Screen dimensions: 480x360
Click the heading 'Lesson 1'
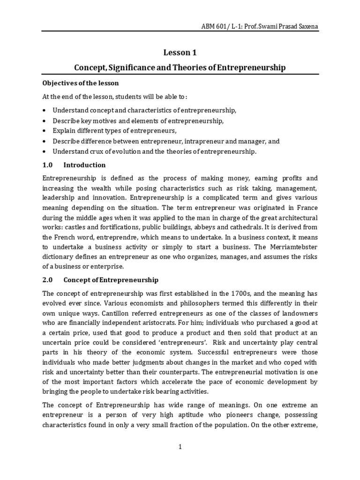pyautogui.click(x=180, y=53)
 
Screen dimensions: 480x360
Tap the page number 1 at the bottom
pyautogui.click(x=180, y=447)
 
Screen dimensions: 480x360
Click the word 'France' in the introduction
pyautogui.click(x=306, y=208)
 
